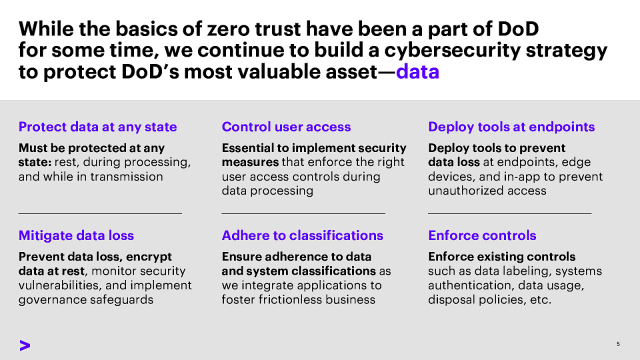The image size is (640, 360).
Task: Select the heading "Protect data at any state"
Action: coord(98,127)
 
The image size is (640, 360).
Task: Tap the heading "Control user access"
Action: coord(286,127)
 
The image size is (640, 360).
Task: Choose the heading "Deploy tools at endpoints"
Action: coord(511,127)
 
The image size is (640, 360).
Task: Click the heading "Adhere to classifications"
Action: coord(302,236)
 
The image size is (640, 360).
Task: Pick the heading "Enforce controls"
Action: coord(481,236)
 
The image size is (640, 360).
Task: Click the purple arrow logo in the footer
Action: coord(24,344)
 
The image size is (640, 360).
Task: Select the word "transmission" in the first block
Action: coord(135,177)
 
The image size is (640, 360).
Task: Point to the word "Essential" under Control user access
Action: coord(250,145)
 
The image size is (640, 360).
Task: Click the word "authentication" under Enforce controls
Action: coord(474,283)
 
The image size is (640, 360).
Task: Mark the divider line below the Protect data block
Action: coord(100,213)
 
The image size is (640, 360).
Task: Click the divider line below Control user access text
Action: coord(303,213)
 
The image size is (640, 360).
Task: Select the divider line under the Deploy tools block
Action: coord(509,213)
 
